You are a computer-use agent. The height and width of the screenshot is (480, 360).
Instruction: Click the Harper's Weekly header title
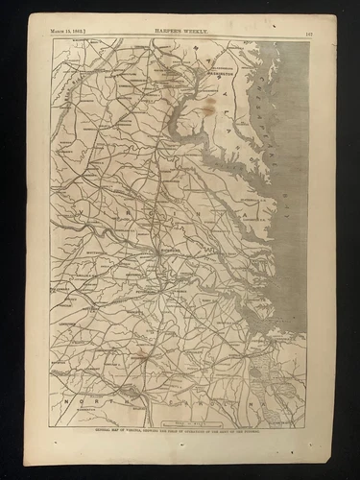180,32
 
